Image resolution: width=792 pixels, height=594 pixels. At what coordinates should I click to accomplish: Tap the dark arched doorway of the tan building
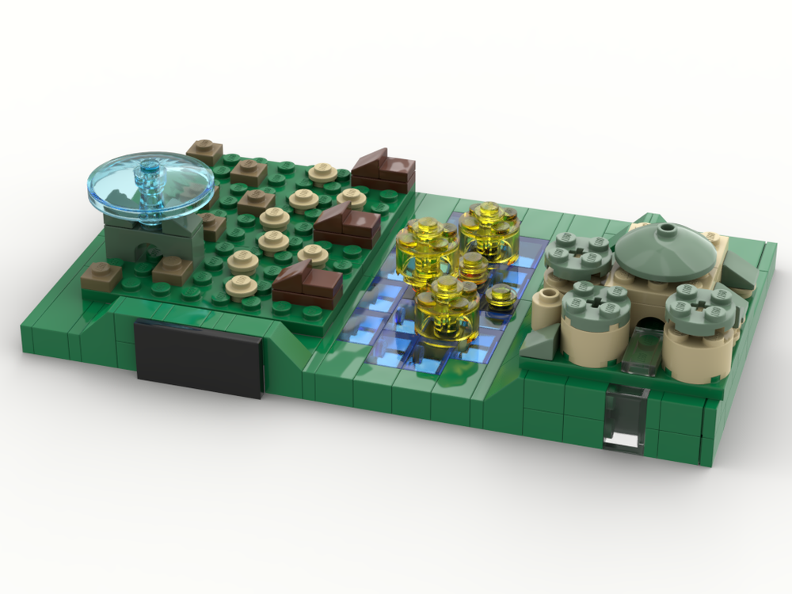tap(650, 325)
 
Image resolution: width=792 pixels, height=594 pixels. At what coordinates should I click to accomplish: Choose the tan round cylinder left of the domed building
tap(546, 307)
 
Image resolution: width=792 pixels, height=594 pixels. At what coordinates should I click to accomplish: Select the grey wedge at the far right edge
tap(742, 269)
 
